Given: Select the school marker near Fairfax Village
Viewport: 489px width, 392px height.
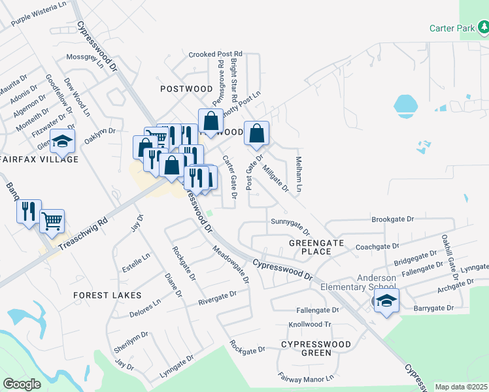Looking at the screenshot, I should (x=63, y=142).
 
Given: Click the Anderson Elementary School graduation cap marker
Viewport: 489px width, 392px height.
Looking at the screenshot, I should (x=386, y=301).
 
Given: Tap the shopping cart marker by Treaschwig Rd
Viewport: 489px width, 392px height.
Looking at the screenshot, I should (x=52, y=221).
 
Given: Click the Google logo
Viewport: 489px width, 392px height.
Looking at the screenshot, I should (x=22, y=384).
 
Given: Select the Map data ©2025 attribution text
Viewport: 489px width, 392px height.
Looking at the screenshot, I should (x=462, y=387).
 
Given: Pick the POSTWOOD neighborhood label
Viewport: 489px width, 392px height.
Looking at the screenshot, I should (x=186, y=88).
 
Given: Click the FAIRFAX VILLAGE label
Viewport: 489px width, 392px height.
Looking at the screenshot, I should (x=39, y=159).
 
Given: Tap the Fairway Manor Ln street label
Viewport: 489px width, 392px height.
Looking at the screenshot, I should (x=307, y=378).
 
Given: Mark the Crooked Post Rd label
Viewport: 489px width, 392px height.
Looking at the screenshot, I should (x=216, y=54).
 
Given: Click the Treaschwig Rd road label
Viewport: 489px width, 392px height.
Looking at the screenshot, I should (x=82, y=233).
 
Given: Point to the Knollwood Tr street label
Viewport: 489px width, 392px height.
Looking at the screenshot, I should (x=311, y=325).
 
